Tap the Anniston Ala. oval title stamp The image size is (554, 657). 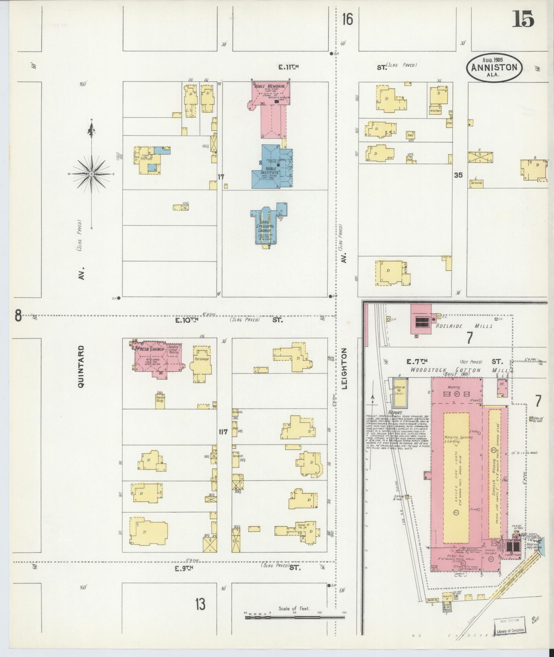tap(494, 68)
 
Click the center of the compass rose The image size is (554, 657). tap(92, 174)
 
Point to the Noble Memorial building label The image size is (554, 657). tap(270, 86)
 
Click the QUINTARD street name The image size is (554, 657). tap(81, 367)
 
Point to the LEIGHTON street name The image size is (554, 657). tap(344, 368)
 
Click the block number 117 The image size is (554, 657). tap(223, 432)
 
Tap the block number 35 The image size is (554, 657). tap(458, 175)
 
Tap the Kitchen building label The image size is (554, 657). tap(435, 111)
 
